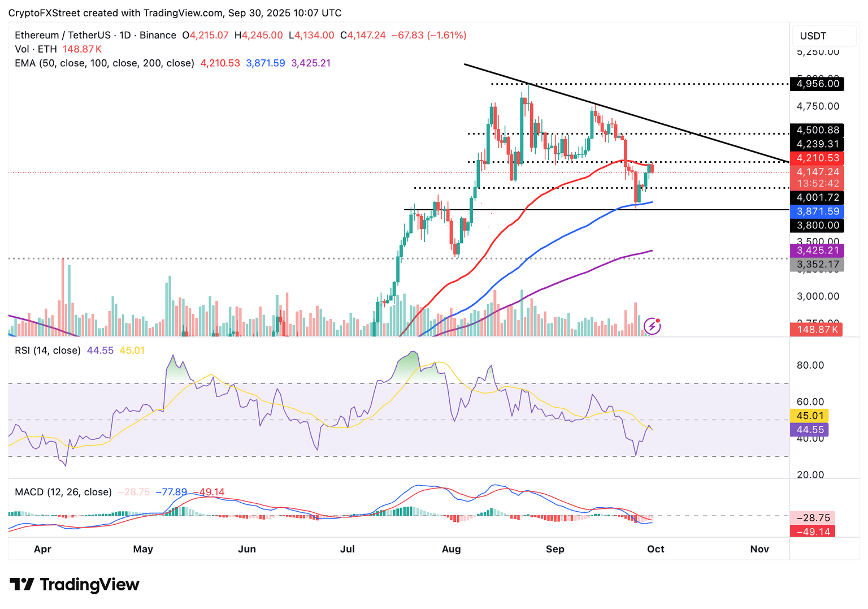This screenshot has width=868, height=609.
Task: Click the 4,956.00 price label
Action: (817, 84)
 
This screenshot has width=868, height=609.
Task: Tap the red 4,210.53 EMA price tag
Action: (817, 158)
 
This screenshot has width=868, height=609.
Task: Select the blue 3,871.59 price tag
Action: (817, 211)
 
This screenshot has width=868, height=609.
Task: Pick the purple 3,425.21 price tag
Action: (817, 250)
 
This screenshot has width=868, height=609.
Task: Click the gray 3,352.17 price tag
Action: (817, 264)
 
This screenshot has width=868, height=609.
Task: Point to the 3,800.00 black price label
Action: (817, 226)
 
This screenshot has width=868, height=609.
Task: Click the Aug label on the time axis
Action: (451, 549)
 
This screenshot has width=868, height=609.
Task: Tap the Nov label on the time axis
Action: (759, 549)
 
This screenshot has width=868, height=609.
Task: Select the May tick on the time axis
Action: (143, 549)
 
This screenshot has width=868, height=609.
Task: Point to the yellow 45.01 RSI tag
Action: (809, 416)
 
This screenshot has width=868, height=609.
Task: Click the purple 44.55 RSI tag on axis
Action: (809, 430)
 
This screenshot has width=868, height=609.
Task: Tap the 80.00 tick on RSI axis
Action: (810, 365)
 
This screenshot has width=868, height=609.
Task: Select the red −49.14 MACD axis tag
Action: (813, 532)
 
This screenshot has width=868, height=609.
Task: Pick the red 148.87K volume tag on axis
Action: (816, 329)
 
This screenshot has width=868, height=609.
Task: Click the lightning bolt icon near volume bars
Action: (652, 326)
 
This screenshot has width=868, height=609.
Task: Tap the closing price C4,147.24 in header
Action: (363, 35)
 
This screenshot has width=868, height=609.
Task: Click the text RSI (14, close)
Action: (47, 351)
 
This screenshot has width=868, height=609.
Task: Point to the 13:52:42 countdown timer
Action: (817, 183)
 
